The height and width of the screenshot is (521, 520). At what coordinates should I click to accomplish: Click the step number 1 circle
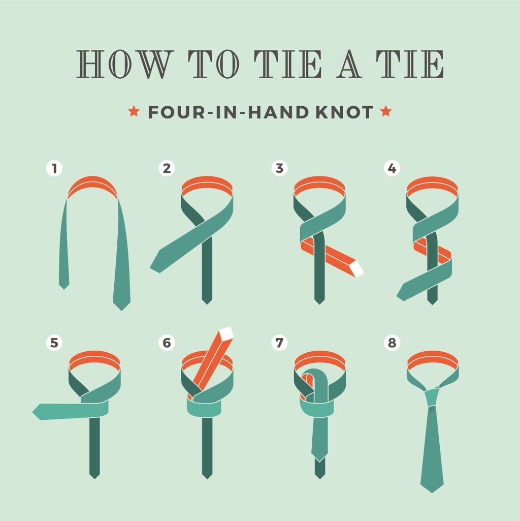54,168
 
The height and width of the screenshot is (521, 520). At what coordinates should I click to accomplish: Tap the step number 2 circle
167,168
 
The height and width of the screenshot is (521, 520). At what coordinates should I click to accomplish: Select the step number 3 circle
279,168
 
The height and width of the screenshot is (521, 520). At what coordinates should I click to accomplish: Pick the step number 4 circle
392,168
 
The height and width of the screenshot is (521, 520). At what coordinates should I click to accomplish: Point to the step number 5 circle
54,343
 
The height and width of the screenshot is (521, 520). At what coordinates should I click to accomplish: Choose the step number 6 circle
167,343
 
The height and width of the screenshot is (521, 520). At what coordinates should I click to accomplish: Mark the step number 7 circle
279,343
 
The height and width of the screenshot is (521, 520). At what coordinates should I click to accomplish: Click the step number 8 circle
392,343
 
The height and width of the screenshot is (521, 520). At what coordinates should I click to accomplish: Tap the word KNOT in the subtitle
344,112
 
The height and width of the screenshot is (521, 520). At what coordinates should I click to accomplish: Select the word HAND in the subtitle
278,112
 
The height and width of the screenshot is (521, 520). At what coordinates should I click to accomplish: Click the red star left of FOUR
134,111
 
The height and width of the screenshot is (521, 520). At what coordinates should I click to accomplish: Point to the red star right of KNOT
385,111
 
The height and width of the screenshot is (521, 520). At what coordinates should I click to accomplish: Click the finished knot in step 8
432,397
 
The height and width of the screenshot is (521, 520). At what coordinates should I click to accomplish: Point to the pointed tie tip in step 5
36,412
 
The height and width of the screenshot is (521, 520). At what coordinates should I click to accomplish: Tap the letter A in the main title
349,64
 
